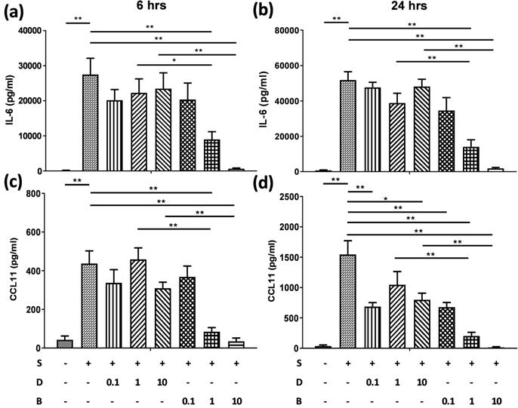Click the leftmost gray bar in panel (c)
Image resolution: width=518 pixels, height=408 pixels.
click(x=66, y=344)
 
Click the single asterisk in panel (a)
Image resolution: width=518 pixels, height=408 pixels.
click(x=174, y=60)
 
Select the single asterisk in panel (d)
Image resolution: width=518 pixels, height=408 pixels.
click(x=384, y=199)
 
